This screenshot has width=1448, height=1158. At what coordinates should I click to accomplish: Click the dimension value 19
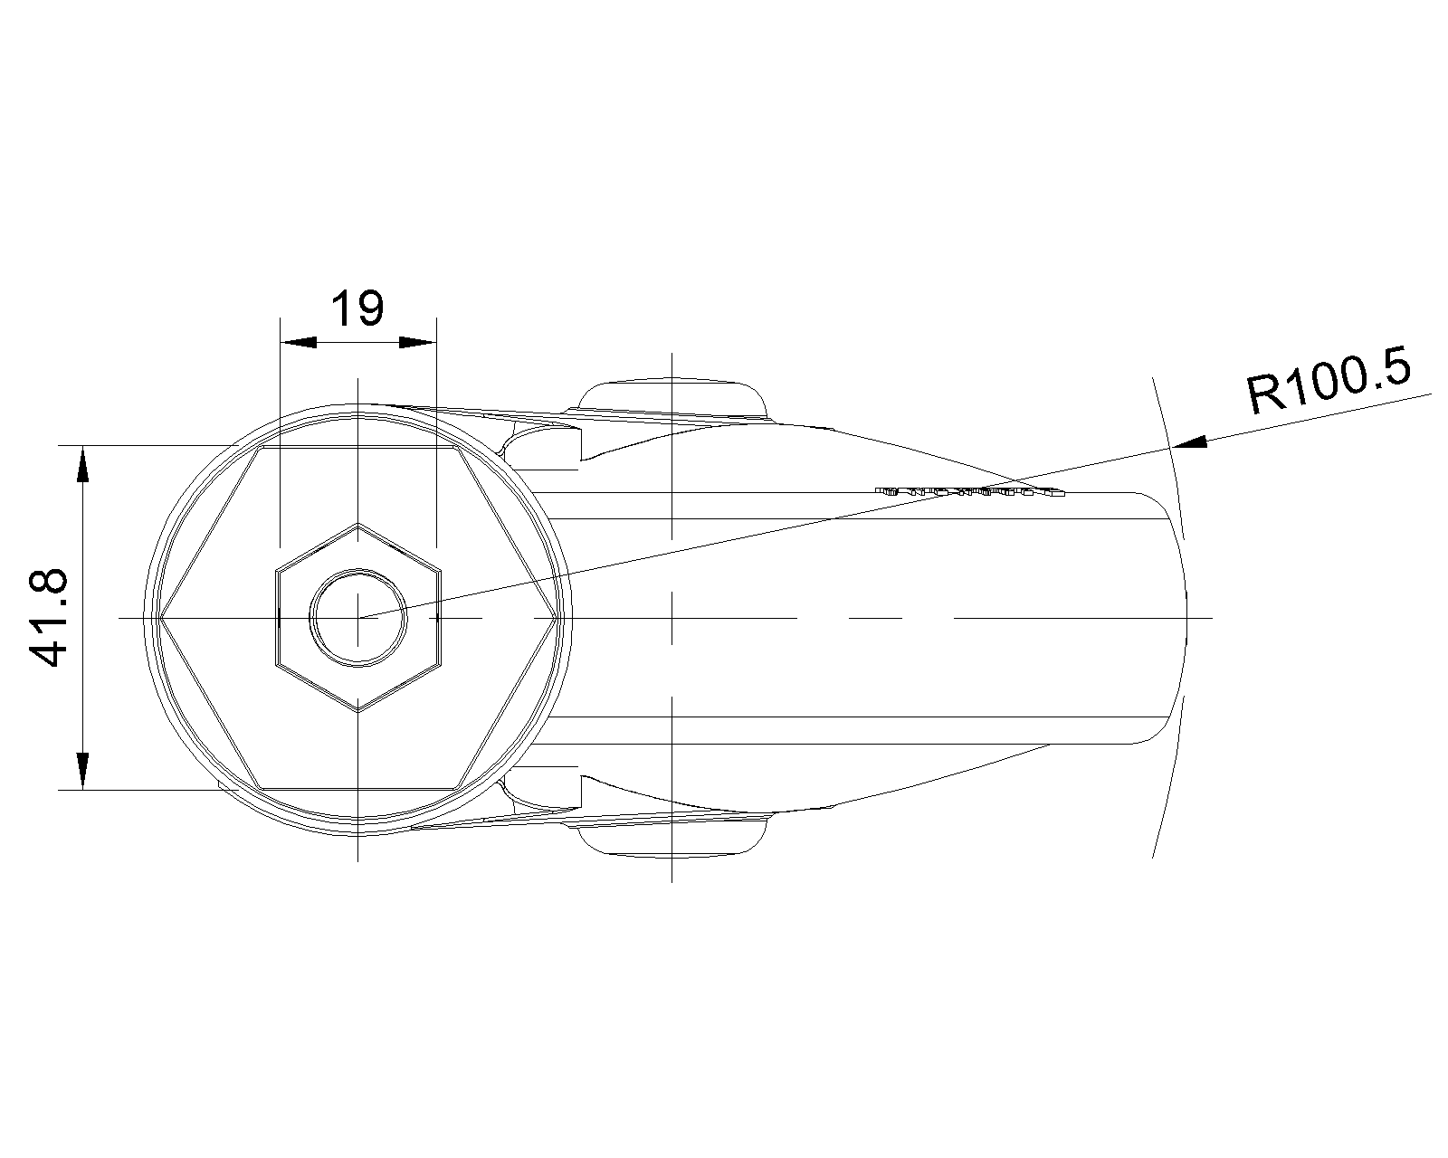pos(357,309)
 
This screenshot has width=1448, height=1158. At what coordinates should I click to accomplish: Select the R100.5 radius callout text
pos(1329,384)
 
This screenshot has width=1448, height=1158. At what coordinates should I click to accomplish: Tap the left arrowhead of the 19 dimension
pos(299,342)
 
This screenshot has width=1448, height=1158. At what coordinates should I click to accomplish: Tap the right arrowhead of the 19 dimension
pos(417,342)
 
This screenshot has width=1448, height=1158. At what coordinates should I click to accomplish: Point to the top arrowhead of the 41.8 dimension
pos(82,465)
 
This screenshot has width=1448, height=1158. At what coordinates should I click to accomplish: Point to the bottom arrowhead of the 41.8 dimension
pos(82,770)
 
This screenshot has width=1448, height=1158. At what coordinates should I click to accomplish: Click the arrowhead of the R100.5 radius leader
pos(1189,442)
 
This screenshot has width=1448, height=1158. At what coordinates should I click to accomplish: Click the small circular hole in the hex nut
pos(358,618)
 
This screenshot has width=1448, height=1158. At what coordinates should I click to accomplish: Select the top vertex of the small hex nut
pos(358,524)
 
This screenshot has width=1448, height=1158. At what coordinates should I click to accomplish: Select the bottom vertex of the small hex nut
pos(358,711)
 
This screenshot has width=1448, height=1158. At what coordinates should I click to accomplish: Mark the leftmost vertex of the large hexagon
pos(159,618)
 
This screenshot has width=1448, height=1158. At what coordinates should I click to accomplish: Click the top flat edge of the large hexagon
pos(357,447)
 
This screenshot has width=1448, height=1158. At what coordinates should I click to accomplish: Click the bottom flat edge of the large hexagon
pos(357,788)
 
